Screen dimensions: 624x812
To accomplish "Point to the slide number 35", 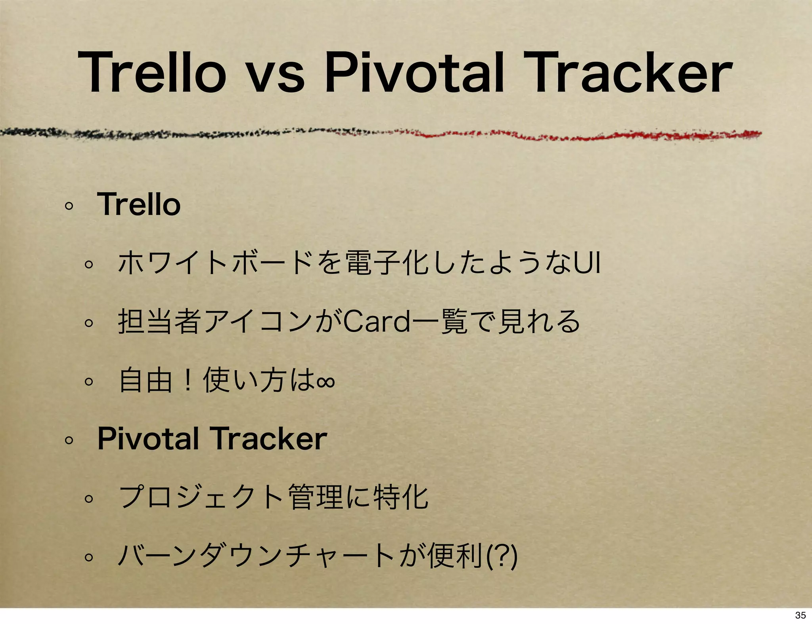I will [800, 615].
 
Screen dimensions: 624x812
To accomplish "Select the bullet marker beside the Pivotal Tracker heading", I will [69, 440].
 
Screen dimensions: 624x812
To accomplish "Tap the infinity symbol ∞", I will [326, 380].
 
